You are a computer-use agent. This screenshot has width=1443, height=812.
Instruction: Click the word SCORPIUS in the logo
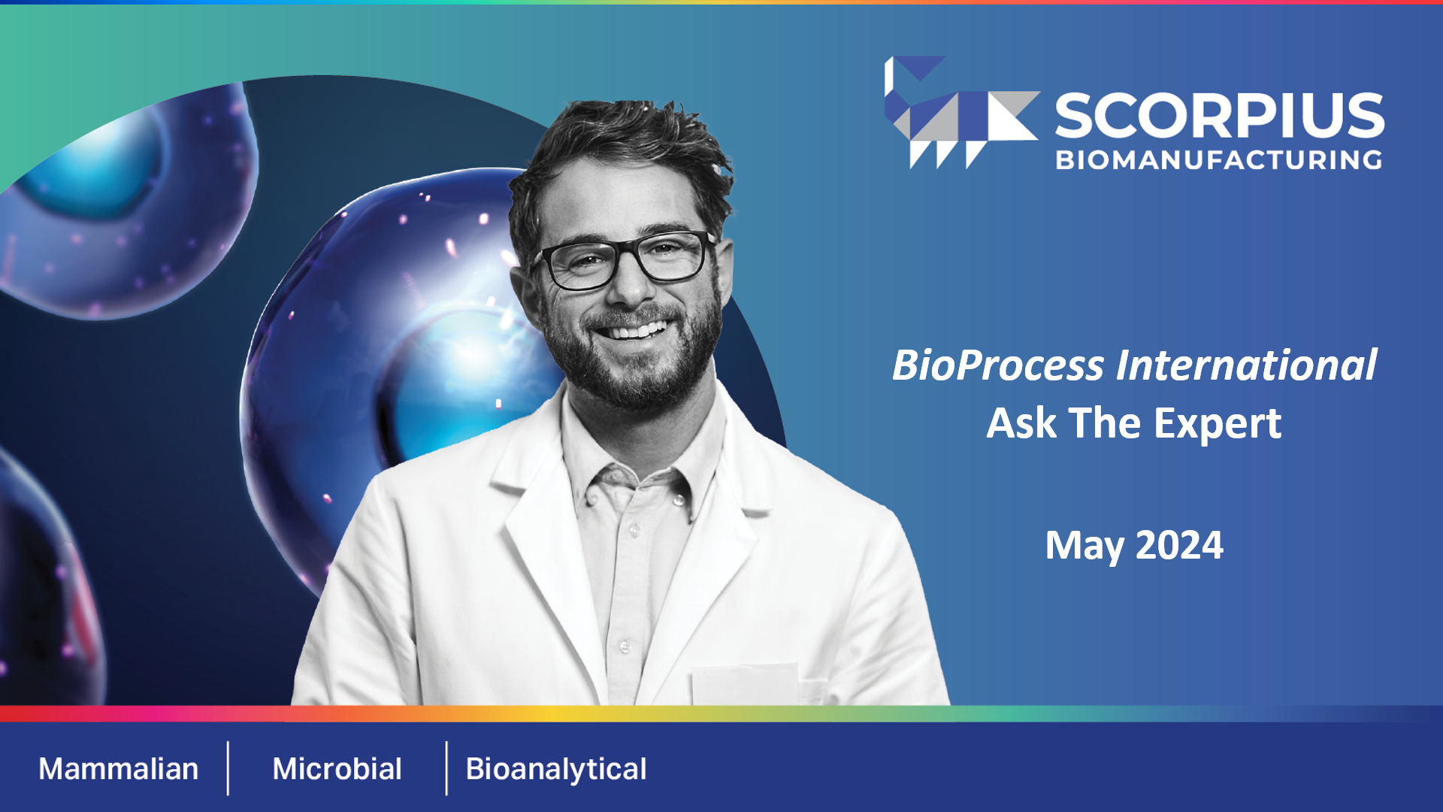tap(1219, 116)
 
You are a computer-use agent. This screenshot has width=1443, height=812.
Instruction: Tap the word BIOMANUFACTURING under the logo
tap(1219, 160)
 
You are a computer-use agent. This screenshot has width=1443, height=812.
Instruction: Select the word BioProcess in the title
tap(998, 366)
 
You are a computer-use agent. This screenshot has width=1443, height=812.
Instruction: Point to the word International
tap(1247, 366)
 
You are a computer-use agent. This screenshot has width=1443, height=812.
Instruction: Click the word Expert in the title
tap(1218, 423)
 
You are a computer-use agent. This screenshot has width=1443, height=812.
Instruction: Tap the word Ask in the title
tap(1021, 423)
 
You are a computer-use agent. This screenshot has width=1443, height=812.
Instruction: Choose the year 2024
tap(1179, 545)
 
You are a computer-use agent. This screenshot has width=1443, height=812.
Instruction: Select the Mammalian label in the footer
tap(119, 769)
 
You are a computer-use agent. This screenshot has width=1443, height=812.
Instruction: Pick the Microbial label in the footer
tap(337, 769)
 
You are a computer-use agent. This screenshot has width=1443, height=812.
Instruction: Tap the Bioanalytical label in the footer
tap(556, 769)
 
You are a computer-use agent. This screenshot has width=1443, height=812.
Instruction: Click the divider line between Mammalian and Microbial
tap(228, 768)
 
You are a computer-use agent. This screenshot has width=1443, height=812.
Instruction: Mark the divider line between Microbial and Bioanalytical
tap(446, 768)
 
